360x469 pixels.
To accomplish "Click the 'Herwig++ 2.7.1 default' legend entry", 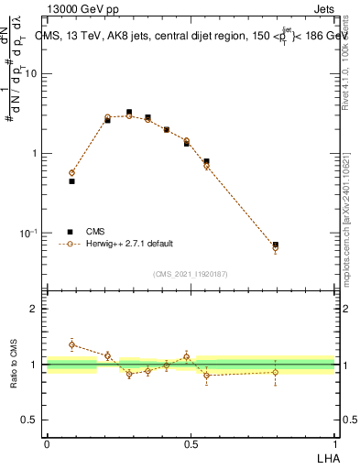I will click(128, 244).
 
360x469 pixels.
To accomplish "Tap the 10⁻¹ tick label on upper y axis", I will click(29, 234).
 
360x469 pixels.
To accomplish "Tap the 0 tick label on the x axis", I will click(46, 443).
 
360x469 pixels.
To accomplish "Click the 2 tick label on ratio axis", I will click(35, 310).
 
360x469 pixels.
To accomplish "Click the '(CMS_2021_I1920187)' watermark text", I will click(191, 274).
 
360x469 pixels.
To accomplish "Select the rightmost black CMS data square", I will click(276, 245).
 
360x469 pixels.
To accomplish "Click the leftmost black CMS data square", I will click(71, 181).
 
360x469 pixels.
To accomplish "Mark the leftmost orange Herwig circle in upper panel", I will click(71, 172).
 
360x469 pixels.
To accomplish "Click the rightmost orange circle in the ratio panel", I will click(276, 372).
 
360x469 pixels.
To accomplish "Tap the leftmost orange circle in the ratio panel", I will click(71, 344).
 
